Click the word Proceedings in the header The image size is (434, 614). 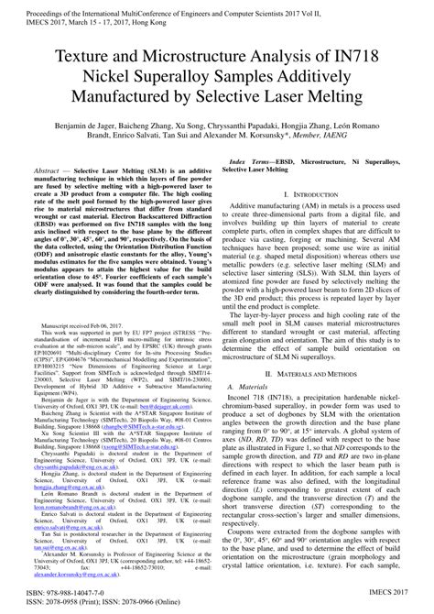(x=34, y=7)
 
